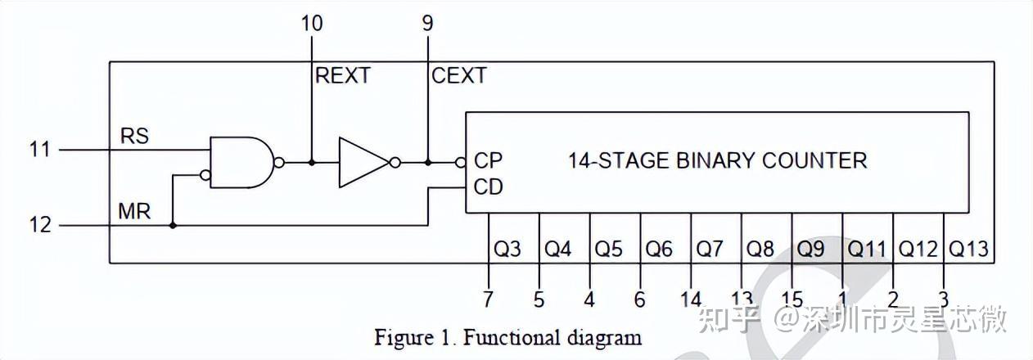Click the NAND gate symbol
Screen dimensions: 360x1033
click(x=242, y=162)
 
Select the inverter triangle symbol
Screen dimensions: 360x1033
click(x=363, y=162)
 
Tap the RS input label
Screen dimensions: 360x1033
click(x=135, y=136)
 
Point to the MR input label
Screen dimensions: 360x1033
click(x=134, y=211)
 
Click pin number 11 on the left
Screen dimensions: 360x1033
click(x=38, y=150)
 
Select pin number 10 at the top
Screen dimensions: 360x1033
click(x=311, y=23)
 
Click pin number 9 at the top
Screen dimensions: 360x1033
click(x=427, y=23)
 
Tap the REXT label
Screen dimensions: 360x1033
click(x=343, y=76)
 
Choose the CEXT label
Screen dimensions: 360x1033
click(x=458, y=76)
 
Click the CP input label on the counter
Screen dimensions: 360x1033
click(x=488, y=160)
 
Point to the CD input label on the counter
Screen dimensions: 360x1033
click(x=488, y=187)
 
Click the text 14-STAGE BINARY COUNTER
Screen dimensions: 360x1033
click(x=717, y=160)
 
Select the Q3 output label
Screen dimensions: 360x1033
click(x=507, y=248)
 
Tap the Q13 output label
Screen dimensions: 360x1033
click(x=968, y=248)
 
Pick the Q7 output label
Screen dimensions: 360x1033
click(x=710, y=248)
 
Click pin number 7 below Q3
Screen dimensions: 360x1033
click(x=488, y=299)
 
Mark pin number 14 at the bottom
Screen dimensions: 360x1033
click(x=691, y=299)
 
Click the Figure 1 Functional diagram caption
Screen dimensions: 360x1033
click(x=507, y=336)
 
